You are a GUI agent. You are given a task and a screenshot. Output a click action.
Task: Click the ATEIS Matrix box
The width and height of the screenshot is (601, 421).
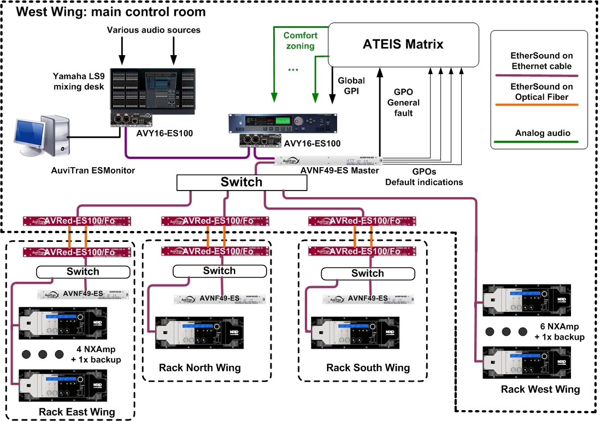point(403,44)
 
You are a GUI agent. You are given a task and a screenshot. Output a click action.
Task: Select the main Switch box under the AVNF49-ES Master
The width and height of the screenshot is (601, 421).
point(241,182)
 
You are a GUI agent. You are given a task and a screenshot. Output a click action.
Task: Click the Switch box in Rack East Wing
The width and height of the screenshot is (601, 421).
point(83,271)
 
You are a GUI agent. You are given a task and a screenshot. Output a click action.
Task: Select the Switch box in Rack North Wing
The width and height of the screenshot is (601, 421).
point(220,271)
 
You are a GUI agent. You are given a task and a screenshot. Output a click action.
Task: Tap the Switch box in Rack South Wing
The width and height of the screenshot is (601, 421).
point(368,273)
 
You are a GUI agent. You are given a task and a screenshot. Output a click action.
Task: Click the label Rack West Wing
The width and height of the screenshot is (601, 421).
point(540,389)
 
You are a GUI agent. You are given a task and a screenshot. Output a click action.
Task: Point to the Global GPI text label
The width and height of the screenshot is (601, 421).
point(351,86)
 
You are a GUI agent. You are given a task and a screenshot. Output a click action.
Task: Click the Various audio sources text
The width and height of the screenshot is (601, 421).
point(154,29)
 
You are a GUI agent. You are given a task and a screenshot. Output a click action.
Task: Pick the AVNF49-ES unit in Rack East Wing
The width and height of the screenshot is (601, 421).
point(82,294)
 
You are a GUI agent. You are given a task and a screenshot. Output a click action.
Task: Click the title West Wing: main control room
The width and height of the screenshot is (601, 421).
point(111,11)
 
